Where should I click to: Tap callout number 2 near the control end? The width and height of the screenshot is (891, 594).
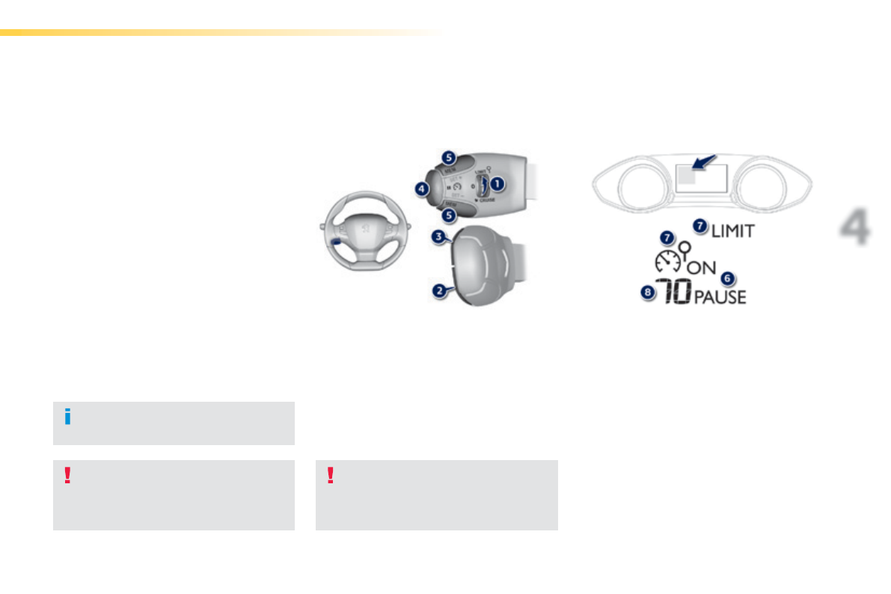pos(441,290)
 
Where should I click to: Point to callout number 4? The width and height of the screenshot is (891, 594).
pos(423,189)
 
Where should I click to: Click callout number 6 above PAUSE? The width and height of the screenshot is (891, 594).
pos(726,278)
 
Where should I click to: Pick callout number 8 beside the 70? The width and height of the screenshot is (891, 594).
pos(647,293)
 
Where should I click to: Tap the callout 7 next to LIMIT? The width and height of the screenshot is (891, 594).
pos(700,224)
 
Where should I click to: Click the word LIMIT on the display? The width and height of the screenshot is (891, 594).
pos(733,231)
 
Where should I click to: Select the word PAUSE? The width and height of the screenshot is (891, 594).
pos(720,297)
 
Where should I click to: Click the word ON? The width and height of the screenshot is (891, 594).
pos(702,267)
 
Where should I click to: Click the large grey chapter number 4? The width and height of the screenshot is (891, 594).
pos(854,229)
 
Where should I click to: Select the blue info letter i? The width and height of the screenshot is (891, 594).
pos(67,417)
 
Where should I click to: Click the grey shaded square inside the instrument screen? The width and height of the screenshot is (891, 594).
pos(685,177)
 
